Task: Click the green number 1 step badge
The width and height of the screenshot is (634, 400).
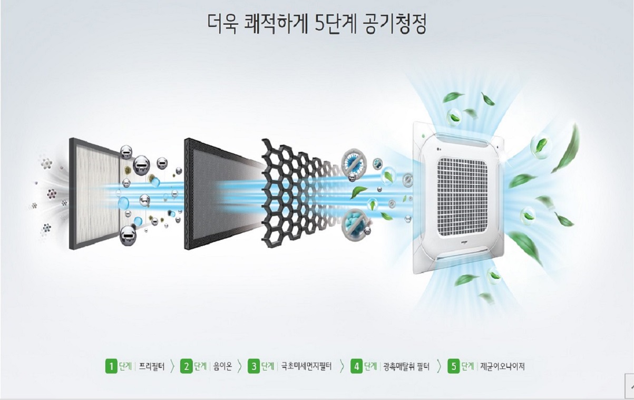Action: (111, 366)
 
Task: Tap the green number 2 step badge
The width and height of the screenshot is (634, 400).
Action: (186, 366)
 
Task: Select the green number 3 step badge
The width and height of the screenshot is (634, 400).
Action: (253, 366)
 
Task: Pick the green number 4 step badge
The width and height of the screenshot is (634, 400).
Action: (356, 366)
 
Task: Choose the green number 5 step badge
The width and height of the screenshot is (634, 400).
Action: (454, 366)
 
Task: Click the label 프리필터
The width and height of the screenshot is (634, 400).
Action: (151, 367)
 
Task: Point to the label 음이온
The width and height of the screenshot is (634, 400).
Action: (223, 367)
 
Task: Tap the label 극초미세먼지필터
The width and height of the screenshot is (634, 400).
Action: (306, 367)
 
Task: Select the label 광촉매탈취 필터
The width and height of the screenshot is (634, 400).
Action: (406, 367)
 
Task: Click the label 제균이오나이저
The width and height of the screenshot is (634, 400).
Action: (502, 367)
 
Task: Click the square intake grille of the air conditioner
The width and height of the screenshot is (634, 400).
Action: (462, 197)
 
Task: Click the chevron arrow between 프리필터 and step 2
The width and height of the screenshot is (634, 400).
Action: (172, 366)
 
